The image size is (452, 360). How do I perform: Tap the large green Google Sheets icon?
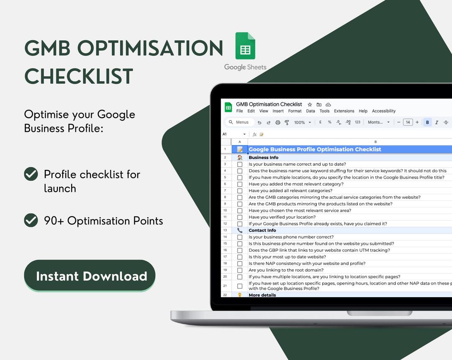click(x=245, y=46)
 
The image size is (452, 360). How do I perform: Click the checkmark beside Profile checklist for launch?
click(x=31, y=174)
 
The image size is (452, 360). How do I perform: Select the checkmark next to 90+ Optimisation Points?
click(x=31, y=220)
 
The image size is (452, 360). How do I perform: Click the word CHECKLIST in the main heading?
click(x=79, y=77)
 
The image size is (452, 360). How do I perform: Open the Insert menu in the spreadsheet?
click(x=278, y=111)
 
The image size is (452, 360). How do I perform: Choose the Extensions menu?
click(x=344, y=111)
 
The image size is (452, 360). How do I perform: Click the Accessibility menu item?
click(x=383, y=111)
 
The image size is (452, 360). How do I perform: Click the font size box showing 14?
click(x=407, y=122)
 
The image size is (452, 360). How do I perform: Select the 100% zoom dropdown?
click(x=302, y=122)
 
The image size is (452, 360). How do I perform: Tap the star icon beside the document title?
click(x=310, y=104)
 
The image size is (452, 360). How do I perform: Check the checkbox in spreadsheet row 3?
click(x=240, y=165)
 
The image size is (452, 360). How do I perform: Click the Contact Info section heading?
click(x=262, y=230)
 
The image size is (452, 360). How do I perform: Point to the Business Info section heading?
click(x=263, y=157)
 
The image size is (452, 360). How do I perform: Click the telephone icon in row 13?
click(x=240, y=230)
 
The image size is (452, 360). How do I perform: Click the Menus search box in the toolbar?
click(x=240, y=122)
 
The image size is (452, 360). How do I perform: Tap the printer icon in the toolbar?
click(x=278, y=122)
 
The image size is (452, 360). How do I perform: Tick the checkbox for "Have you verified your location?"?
click(x=240, y=217)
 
